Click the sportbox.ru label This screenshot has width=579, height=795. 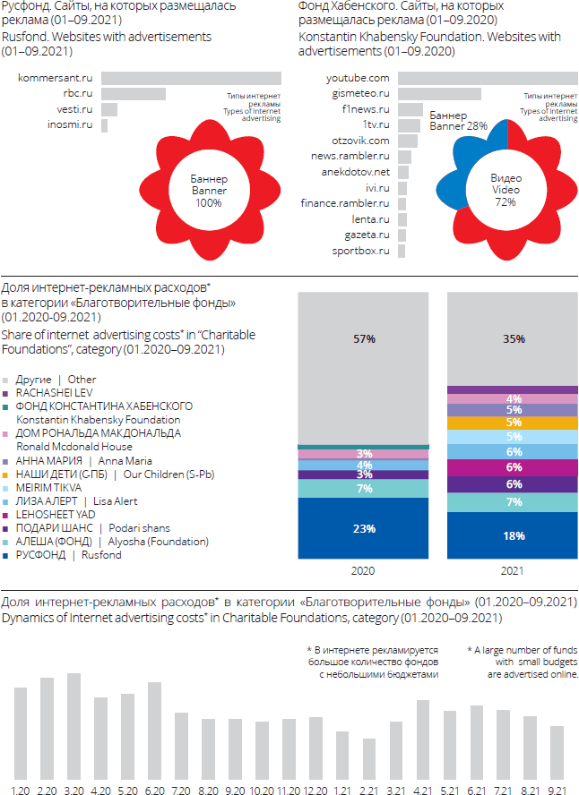[x=360, y=251]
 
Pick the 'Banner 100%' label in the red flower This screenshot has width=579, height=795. [x=209, y=191]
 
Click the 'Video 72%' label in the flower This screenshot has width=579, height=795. [x=506, y=191]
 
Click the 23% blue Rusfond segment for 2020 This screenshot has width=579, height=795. [x=363, y=528]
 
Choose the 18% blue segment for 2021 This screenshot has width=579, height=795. [x=513, y=536]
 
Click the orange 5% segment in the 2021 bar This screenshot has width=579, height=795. [x=513, y=423]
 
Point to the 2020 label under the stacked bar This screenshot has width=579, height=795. [x=363, y=569]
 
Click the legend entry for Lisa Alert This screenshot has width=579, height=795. [x=53, y=500]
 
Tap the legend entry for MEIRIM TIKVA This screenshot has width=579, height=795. [x=41, y=487]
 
